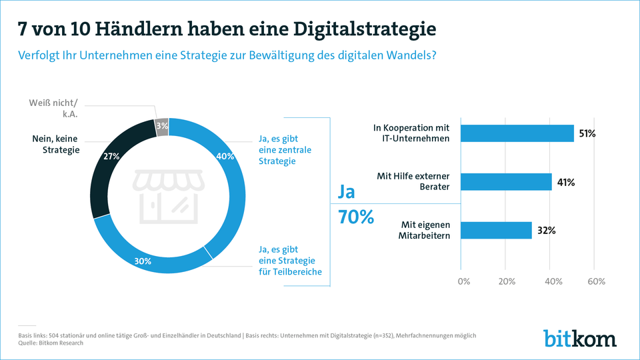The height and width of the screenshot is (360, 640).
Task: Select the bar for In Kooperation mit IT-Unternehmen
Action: [x=517, y=133]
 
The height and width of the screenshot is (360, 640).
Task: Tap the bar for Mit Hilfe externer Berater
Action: [x=506, y=182]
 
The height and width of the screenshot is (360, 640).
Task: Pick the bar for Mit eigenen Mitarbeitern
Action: [x=496, y=230]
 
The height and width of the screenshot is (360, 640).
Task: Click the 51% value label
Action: [x=587, y=134]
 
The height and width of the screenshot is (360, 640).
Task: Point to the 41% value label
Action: [x=565, y=182]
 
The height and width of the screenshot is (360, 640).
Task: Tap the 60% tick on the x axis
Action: [x=595, y=281]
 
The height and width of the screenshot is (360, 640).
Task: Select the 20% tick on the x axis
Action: [x=506, y=281]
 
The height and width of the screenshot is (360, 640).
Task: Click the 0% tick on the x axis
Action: [x=463, y=281]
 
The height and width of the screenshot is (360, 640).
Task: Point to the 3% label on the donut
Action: [x=162, y=126]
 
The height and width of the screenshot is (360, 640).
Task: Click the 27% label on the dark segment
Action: [x=111, y=157]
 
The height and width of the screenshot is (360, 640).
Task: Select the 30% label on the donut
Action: [x=143, y=261]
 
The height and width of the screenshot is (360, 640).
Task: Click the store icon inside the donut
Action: [x=167, y=195]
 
